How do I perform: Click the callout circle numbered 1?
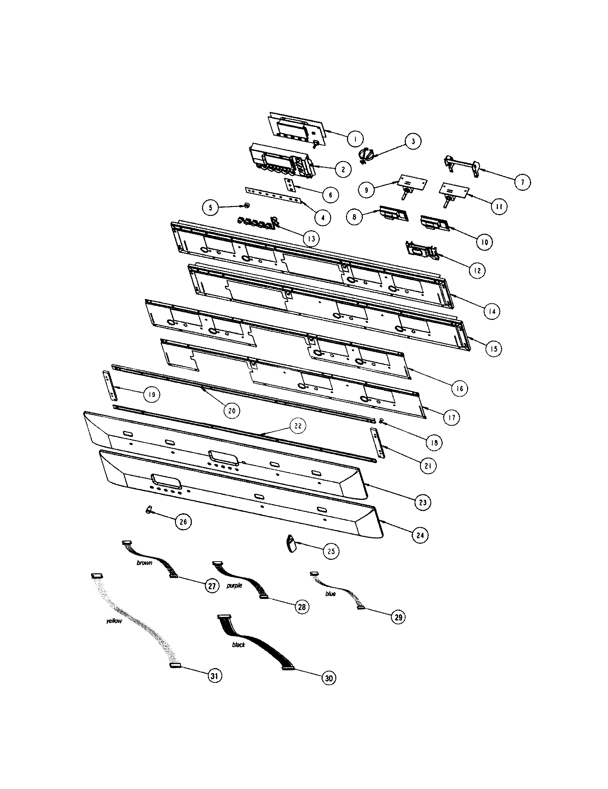coord(355,138)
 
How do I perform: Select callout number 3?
coord(413,141)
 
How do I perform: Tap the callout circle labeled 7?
coord(522,182)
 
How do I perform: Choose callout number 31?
coord(214,676)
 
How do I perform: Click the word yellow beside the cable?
coord(114,621)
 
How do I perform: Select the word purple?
coord(234,586)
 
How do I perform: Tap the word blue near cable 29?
coord(331,594)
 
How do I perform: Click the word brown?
coord(144,563)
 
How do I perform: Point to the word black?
coord(238,644)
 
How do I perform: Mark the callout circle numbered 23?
coord(423,502)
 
